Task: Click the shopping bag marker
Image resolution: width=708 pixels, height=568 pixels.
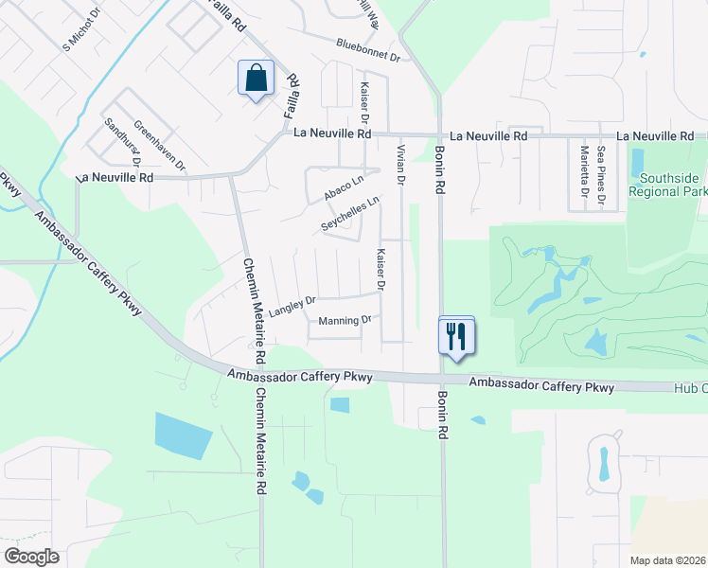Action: pos(257,78)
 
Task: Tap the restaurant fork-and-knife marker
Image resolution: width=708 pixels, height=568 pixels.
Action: pos(456,335)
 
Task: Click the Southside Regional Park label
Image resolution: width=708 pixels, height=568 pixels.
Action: pos(672,185)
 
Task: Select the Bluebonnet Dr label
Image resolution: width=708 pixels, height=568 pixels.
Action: pos(369,50)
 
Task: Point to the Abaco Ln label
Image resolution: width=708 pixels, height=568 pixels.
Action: pos(344,186)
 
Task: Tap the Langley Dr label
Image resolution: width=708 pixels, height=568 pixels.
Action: pos(292,307)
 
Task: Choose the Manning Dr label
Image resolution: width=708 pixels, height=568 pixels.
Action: pos(345,320)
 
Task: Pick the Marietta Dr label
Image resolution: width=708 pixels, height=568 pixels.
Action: pos(585,174)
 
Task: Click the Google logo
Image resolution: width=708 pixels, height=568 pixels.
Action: pos(31,556)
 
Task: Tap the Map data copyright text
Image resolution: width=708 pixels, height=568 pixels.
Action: pos(667,560)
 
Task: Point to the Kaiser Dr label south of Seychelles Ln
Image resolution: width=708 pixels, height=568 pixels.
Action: pos(381,269)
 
